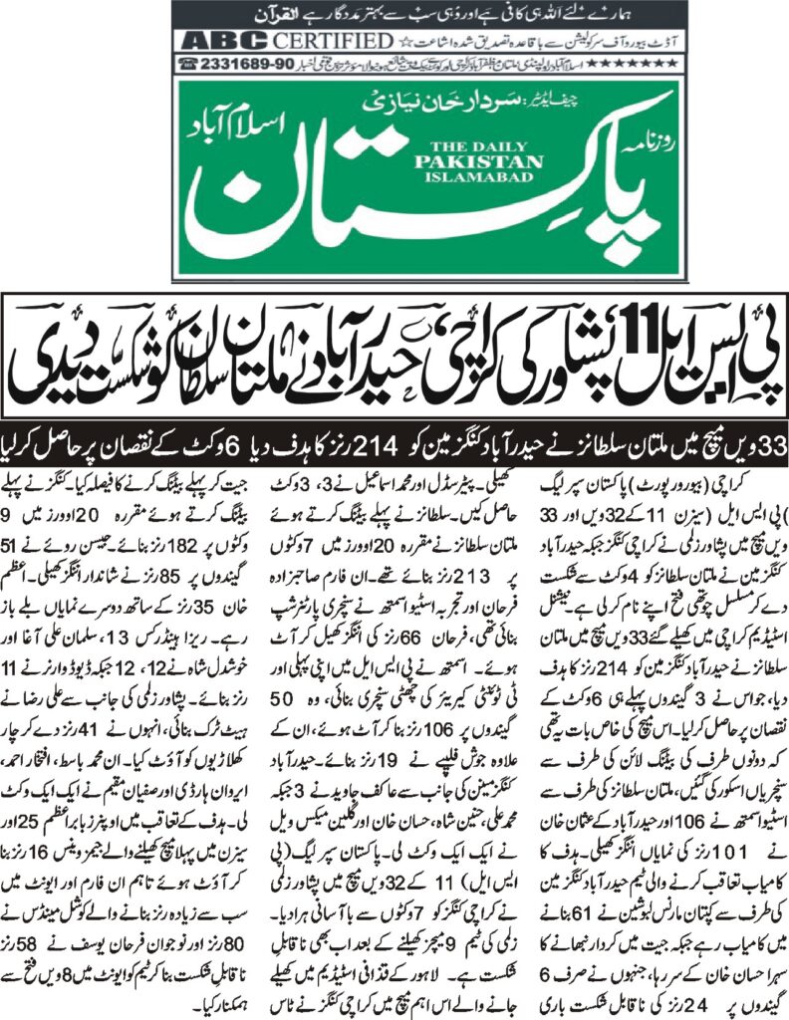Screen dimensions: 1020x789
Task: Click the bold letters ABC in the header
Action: click(212, 42)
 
